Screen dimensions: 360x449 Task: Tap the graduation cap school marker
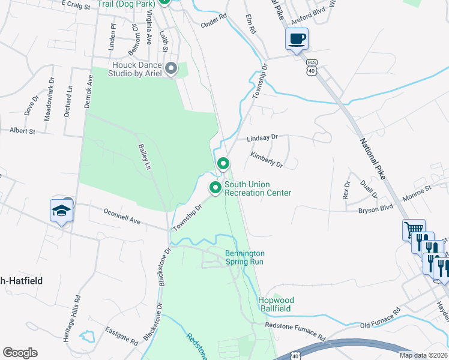pos(61,211)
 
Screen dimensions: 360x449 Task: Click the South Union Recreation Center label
pos(258,188)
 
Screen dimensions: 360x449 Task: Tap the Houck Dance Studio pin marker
pos(171,69)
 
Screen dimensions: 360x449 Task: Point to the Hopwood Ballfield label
pos(274,304)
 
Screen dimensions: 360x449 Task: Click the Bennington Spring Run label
pos(244,257)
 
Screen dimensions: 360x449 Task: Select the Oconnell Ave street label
pos(122,217)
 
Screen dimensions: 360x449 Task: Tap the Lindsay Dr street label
pos(262,137)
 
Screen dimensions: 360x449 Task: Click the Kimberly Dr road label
pos(267,160)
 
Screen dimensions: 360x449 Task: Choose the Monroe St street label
pos(417,191)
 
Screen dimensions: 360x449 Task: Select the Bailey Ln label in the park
pos(144,156)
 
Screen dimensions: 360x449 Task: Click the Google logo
pos(20,353)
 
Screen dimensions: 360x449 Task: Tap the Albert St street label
pos(22,130)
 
